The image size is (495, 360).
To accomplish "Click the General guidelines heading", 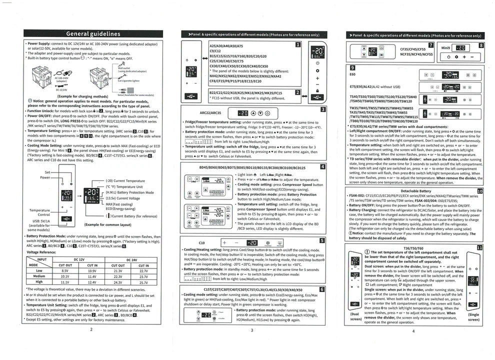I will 93,34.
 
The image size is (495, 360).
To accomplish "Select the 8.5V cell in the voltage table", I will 65,270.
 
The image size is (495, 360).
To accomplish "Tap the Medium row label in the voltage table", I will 38,276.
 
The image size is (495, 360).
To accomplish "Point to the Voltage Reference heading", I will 41,252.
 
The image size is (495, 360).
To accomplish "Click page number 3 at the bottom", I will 251,330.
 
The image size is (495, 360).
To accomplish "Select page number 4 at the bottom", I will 413,330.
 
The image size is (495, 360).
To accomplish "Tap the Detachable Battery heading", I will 415,191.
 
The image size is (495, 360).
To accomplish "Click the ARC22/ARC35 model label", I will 210,113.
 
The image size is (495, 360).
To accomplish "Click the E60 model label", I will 353,74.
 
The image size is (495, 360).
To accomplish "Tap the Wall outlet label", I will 124,68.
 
